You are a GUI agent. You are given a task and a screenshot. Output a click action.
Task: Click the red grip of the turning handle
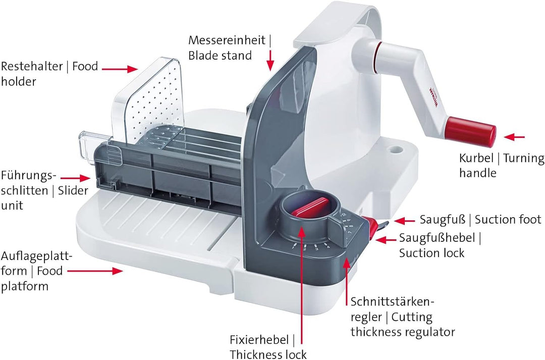tap(471, 131)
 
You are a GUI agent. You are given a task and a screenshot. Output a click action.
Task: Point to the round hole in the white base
tap(396, 149)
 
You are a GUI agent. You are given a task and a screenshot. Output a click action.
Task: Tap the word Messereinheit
tap(227, 40)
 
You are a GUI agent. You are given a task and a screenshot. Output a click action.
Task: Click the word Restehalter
tap(32, 66)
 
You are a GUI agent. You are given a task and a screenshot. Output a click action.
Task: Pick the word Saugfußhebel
tap(437, 238)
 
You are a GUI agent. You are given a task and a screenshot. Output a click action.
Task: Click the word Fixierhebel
tap(259, 339)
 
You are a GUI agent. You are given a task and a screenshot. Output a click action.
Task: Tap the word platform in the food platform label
tap(25, 286)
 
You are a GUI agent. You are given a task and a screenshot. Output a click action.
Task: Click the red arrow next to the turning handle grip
tap(514, 137)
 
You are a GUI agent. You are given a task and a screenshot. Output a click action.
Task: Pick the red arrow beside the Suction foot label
tap(404, 221)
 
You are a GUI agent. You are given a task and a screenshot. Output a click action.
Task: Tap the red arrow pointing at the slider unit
tap(75, 178)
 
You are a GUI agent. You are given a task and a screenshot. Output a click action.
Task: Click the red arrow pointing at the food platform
tap(95, 271)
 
